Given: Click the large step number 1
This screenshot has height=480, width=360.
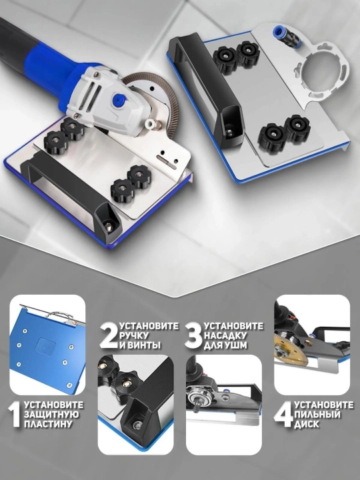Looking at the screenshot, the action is point(15,414).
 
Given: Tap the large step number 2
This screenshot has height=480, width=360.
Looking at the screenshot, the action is point(109,335).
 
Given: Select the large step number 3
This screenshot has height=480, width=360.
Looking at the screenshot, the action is point(193,335).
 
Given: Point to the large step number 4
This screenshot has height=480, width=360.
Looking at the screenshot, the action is point(283,415).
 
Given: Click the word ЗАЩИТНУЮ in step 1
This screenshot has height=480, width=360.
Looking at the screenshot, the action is point(51,415).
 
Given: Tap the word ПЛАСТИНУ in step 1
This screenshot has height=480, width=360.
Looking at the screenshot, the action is point(48,424).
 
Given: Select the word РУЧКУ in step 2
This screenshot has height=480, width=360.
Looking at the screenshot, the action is point(134,335).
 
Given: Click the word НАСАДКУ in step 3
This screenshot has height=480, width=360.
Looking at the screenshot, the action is point(225,335).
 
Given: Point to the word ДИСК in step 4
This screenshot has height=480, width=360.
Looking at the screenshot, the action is point(307,424).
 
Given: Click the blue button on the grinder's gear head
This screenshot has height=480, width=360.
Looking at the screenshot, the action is point(118,99).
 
